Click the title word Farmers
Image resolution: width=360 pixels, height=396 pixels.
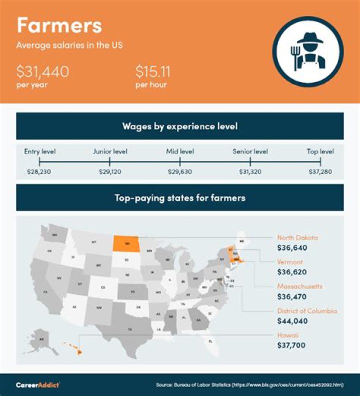[59, 25]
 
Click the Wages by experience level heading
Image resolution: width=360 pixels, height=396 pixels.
[179, 126]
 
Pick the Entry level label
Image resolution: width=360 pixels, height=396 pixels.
[40, 151]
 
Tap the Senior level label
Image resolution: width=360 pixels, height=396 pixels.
[250, 151]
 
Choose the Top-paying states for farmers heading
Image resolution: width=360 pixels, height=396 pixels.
[179, 198]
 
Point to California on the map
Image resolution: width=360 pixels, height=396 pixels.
[46, 290]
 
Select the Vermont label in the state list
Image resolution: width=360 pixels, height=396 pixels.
[289, 262]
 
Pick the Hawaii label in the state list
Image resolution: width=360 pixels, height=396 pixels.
[288, 335]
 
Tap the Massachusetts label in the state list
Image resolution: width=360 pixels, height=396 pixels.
[300, 286]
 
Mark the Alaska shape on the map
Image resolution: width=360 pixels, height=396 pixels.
[41, 339]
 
